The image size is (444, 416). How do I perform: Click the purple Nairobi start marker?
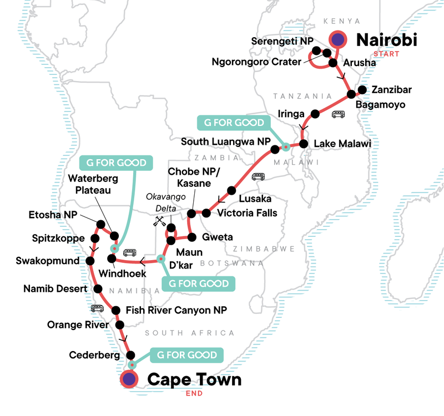(337, 39)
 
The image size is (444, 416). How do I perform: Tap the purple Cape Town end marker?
(129, 379)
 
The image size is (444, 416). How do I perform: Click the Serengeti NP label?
(282, 42)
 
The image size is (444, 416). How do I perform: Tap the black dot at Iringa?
(315, 114)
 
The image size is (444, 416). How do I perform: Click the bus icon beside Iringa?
(338, 115)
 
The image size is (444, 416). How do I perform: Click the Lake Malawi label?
(342, 144)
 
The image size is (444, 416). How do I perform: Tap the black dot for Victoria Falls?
(206, 212)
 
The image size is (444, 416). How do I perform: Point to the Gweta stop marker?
(191, 237)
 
